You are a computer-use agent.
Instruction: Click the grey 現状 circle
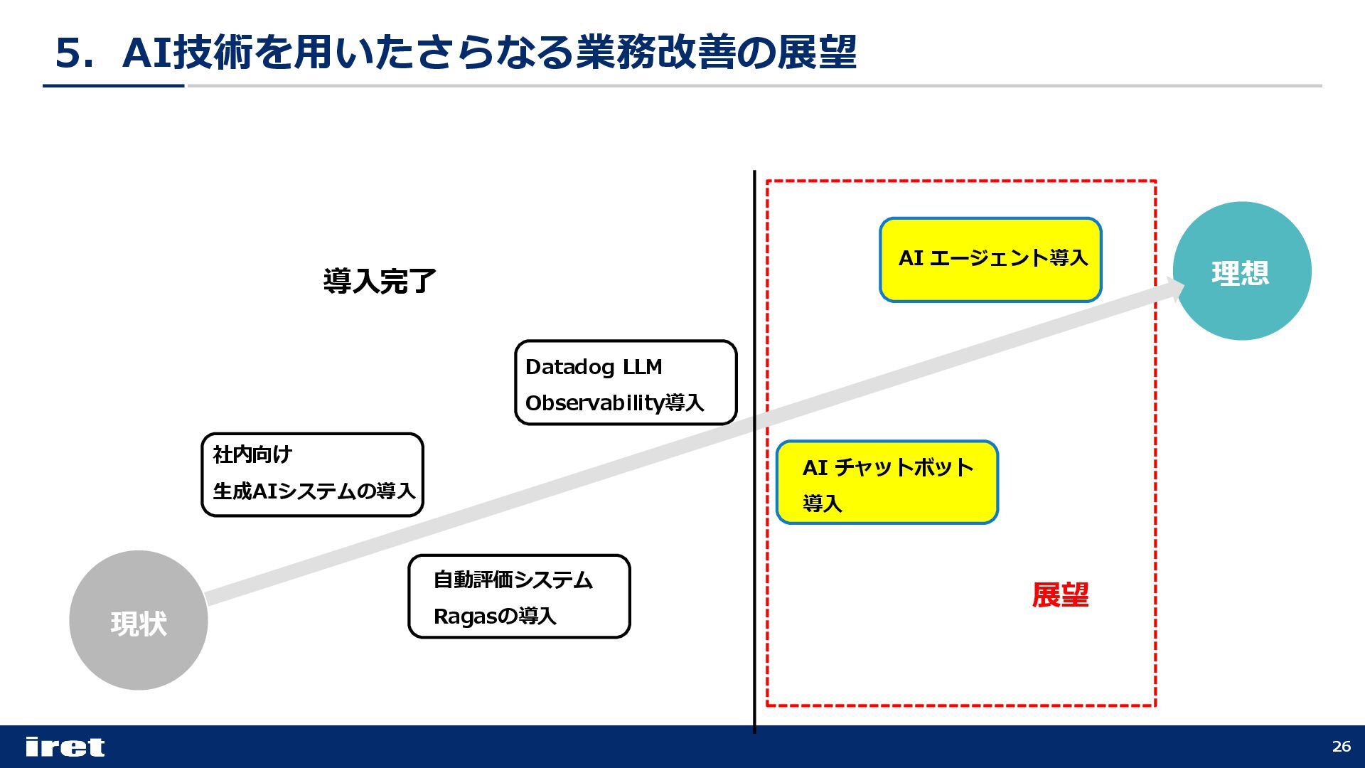[138, 620]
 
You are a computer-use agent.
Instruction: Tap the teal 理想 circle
[1241, 271]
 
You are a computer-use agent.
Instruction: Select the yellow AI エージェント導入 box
[990, 260]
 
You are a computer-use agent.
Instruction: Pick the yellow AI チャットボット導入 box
[887, 483]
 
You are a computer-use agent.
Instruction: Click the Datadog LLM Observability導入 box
[626, 383]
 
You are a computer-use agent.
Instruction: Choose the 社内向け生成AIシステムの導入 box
[312, 474]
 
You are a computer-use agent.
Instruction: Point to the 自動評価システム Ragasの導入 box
[519, 597]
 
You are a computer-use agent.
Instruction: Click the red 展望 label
[1060, 595]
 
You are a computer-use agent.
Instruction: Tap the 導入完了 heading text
[379, 281]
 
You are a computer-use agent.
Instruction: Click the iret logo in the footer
[65, 747]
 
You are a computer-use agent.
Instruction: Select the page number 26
[1341, 747]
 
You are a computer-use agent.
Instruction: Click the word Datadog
[570, 367]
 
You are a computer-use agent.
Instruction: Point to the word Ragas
[463, 617]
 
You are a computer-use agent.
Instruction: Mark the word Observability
[594, 403]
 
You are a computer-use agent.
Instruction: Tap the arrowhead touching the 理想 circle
[1174, 287]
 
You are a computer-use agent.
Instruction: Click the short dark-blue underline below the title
[114, 86]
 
